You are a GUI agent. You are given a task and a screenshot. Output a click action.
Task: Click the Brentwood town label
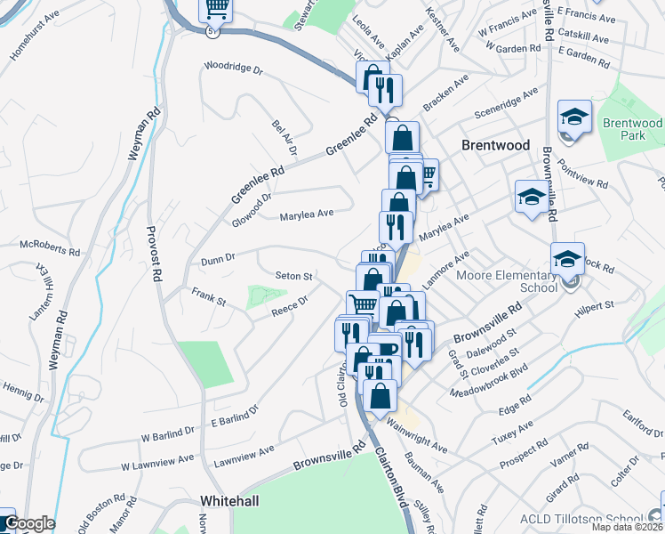tap(495, 145)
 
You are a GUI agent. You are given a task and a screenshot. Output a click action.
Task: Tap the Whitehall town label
tap(229, 501)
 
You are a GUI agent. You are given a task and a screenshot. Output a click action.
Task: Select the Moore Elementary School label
tap(506, 281)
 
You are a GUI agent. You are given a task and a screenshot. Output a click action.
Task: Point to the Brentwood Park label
tap(632, 129)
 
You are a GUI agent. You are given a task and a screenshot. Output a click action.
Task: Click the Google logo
tap(28, 523)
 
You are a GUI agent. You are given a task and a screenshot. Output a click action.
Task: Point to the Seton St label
tap(293, 276)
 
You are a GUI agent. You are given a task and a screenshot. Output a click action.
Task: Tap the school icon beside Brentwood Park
tap(574, 116)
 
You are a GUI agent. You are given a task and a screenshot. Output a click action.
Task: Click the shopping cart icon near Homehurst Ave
tap(216, 9)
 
